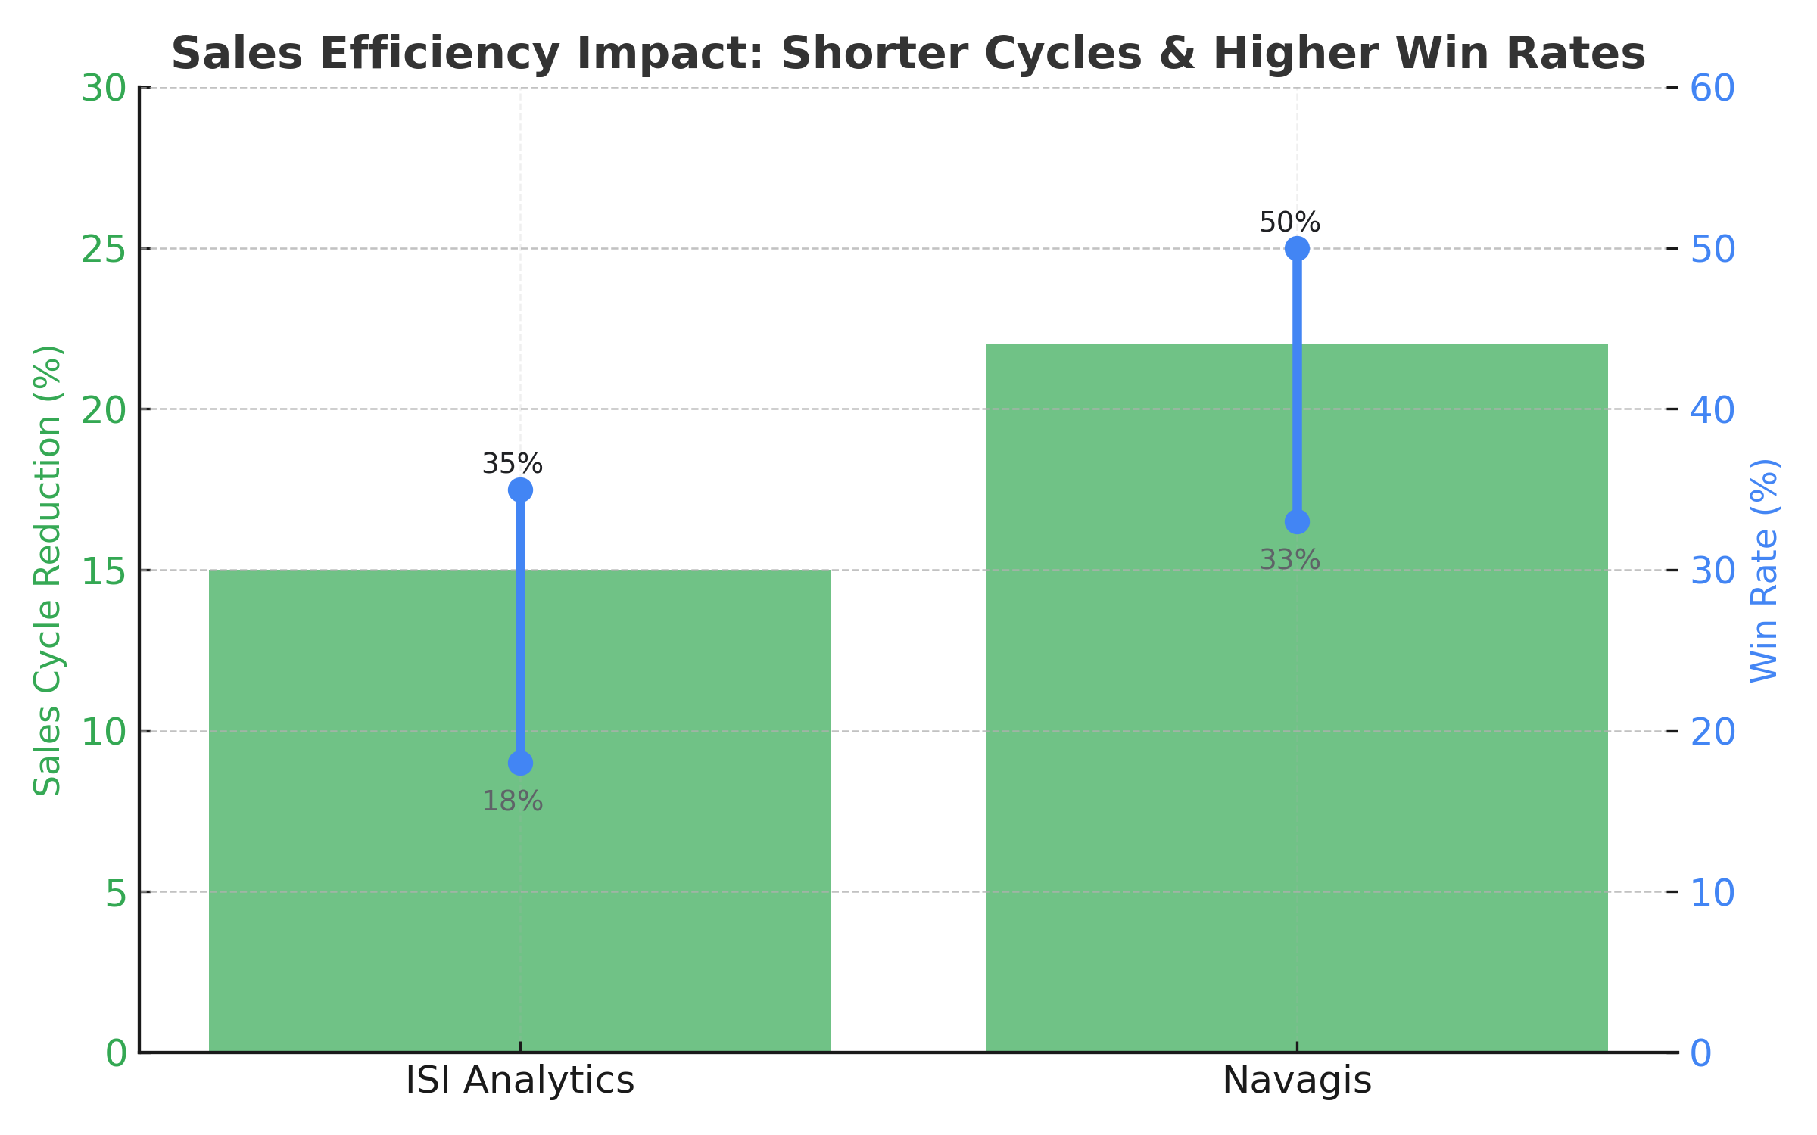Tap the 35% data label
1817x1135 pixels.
(513, 464)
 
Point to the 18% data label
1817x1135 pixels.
(513, 801)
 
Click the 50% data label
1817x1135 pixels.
(1289, 223)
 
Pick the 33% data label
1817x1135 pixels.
(1289, 561)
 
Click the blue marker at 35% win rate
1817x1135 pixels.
(520, 490)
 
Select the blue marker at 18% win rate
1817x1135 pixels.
(520, 763)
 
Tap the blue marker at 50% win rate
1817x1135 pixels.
(1297, 248)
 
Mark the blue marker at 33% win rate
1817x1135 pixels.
(1297, 522)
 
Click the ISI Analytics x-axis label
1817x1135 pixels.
(519, 1081)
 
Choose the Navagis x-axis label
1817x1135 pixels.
(1297, 1081)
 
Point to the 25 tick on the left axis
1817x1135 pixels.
(104, 249)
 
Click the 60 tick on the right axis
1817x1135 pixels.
(1713, 89)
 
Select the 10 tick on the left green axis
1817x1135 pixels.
(104, 732)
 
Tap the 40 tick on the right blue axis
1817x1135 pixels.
(1713, 410)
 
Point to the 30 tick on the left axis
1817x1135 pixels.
(104, 89)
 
